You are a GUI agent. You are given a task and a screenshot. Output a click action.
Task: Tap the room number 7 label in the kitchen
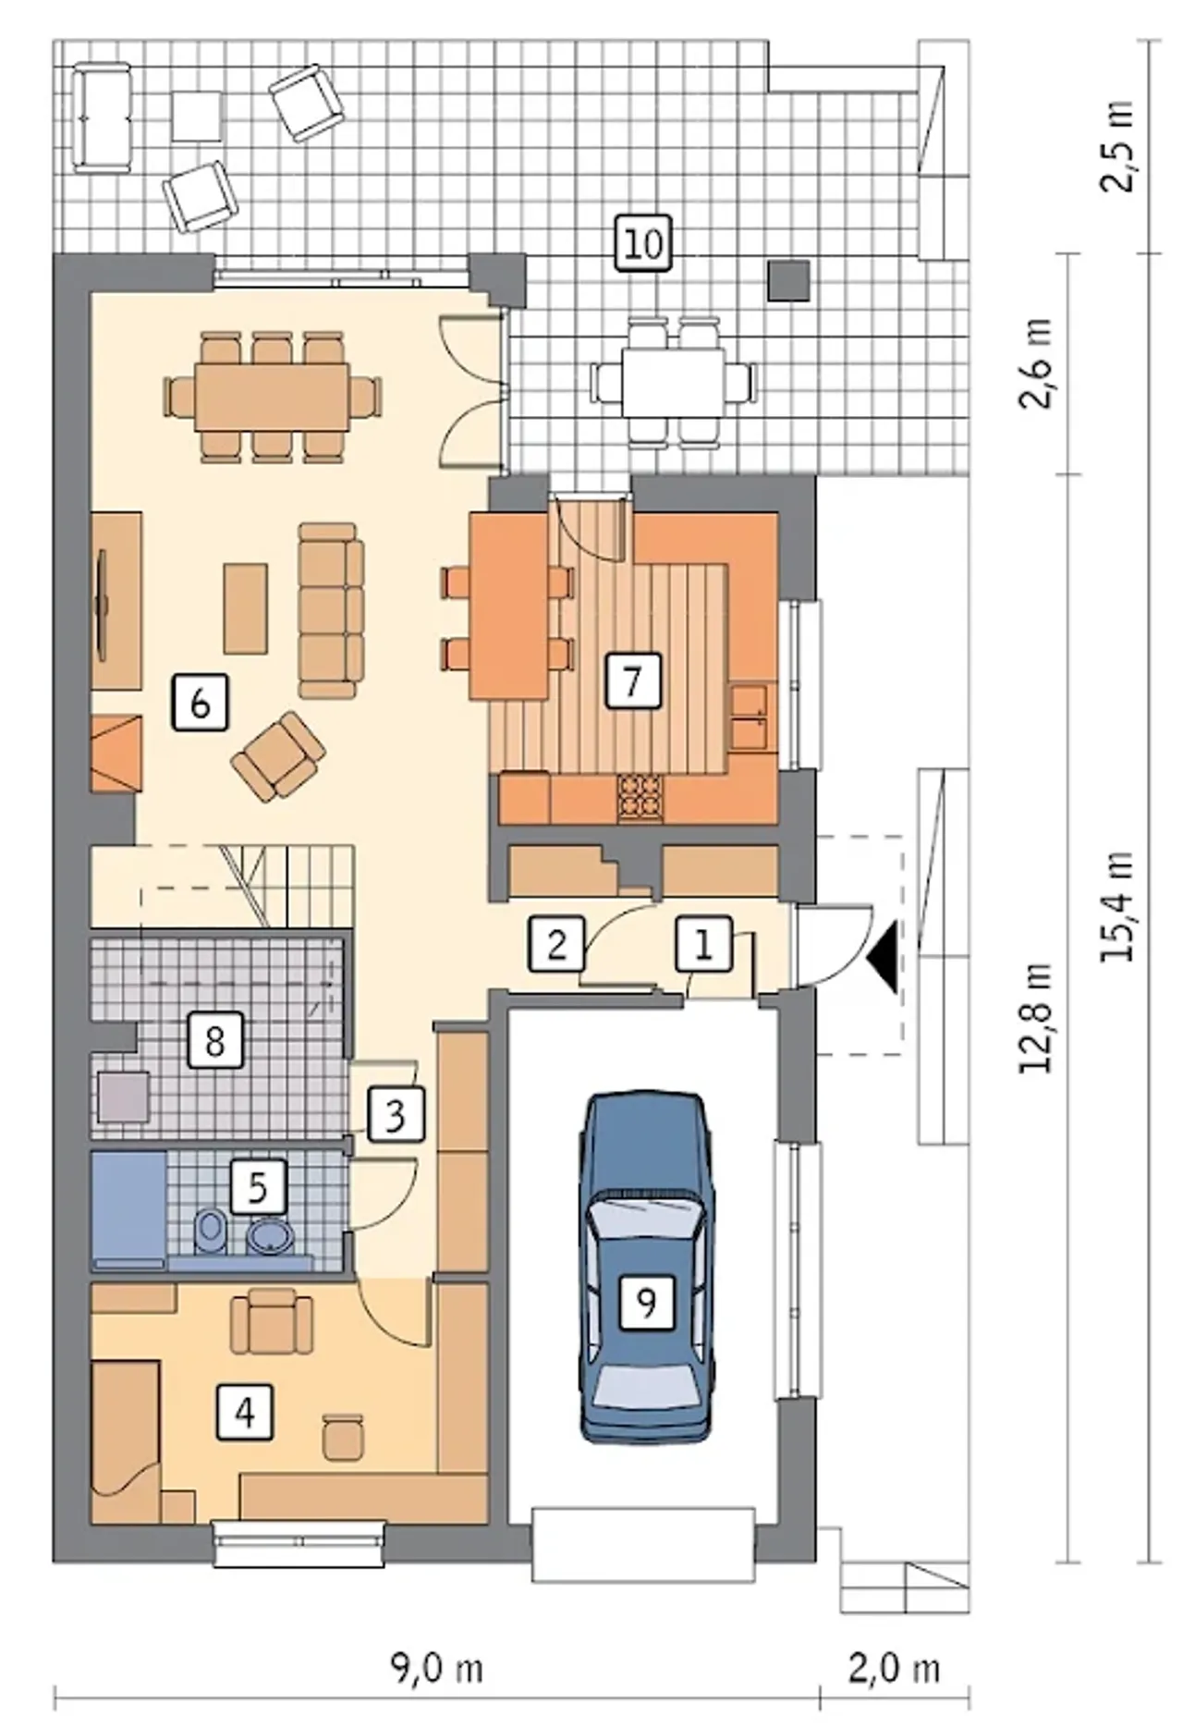pos(632,681)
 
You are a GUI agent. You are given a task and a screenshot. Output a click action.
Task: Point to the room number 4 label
pos(245,1412)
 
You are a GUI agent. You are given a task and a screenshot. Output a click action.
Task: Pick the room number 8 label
pos(214,1041)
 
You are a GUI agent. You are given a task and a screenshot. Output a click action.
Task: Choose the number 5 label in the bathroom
pos(258,1186)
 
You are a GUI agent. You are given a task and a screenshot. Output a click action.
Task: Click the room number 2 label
pos(556,944)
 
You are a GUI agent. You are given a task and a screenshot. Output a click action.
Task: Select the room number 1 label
pos(703,944)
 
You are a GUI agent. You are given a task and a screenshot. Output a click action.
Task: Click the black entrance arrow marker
pos(884,957)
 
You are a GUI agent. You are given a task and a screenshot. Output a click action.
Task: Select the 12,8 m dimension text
pos(1037,1016)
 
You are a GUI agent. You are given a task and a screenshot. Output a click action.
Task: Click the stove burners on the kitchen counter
pos(640,797)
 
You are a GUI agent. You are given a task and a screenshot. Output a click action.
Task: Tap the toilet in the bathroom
pos(212,1231)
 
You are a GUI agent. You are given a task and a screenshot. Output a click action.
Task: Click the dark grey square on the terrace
pos(789,280)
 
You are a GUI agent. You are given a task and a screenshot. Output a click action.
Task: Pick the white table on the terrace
pos(672,382)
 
